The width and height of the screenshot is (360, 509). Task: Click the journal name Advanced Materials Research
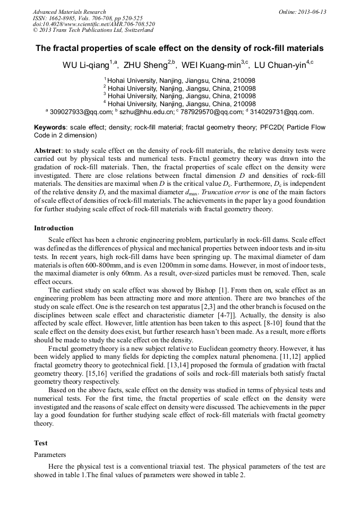tap(69, 12)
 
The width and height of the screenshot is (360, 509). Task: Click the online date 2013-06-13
tap(310, 12)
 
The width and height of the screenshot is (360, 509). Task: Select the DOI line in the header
tap(94, 24)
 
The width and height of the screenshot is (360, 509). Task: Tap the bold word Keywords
tap(50, 127)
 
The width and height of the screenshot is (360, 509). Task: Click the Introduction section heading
tap(54, 228)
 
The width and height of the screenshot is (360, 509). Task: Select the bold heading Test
tap(41, 443)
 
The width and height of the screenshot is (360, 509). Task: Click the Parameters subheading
tap(50, 455)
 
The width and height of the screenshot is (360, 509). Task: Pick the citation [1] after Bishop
tap(225, 290)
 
